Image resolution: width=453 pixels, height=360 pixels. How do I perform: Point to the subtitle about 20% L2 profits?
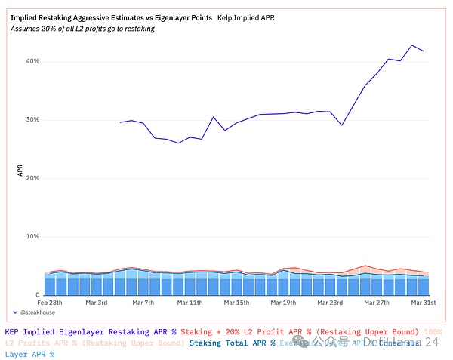(x=83, y=29)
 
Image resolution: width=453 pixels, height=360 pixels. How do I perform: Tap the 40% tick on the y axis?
(x=31, y=61)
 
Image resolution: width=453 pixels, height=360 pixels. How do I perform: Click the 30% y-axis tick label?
(x=31, y=120)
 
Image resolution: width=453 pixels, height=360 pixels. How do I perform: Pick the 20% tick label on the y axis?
(x=31, y=178)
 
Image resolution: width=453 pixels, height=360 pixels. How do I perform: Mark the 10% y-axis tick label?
(x=31, y=237)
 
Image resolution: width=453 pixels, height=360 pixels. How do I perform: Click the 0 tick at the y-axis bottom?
(x=36, y=295)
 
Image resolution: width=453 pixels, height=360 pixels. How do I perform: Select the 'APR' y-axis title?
(x=20, y=171)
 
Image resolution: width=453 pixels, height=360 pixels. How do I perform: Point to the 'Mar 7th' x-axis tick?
(x=143, y=303)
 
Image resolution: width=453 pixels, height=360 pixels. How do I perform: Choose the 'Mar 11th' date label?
(x=190, y=303)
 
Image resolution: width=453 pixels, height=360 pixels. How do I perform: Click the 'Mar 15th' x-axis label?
(x=236, y=303)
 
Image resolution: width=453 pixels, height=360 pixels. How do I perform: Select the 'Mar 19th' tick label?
(x=284, y=303)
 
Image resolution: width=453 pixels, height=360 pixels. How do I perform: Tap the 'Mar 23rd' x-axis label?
(x=330, y=303)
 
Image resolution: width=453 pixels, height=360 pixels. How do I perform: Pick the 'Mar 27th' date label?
(x=377, y=303)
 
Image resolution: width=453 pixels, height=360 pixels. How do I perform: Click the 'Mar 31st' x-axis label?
(x=424, y=303)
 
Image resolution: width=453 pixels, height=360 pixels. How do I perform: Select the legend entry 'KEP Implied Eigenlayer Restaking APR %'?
(x=90, y=331)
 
